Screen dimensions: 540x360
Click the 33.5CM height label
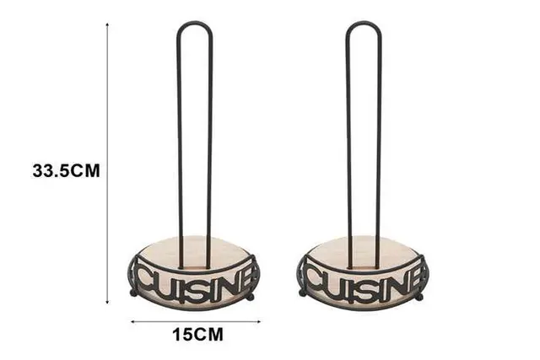[x=66, y=170]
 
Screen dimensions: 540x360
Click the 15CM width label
[x=197, y=335]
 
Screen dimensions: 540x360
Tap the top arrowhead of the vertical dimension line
[x=107, y=24]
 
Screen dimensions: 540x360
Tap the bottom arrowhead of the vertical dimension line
[x=108, y=303]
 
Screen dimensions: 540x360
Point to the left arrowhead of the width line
[x=133, y=322]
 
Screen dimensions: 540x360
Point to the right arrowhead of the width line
[x=258, y=322]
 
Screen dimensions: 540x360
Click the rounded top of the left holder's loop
[x=195, y=23]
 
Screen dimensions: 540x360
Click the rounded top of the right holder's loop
[x=364, y=23]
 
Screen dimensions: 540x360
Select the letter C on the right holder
[x=316, y=281]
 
